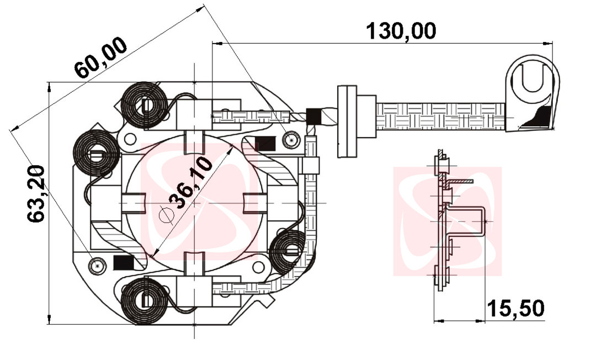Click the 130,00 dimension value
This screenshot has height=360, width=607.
point(402,30)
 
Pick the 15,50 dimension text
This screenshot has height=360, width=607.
point(518,309)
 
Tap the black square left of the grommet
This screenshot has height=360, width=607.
point(313,117)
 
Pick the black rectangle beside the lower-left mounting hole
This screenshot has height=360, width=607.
point(120,262)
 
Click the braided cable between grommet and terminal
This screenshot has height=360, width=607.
point(441,117)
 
